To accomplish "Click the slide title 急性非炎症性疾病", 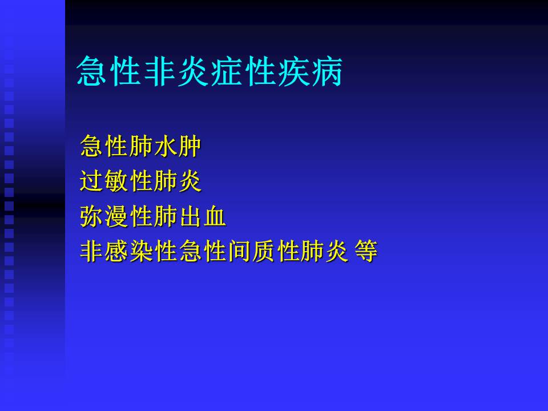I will (209, 71).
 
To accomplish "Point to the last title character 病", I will (325, 71).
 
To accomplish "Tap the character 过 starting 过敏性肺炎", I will (92, 182).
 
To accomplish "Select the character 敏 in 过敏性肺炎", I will (116, 182).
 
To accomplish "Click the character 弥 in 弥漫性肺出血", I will (92, 216).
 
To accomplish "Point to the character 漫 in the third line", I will (116, 216).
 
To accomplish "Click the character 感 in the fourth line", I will (116, 251).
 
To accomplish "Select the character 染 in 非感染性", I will (141, 251).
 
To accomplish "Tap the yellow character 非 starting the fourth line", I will (92, 251).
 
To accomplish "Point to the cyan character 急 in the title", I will (93, 71).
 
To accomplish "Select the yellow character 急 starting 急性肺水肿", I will (92, 147).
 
